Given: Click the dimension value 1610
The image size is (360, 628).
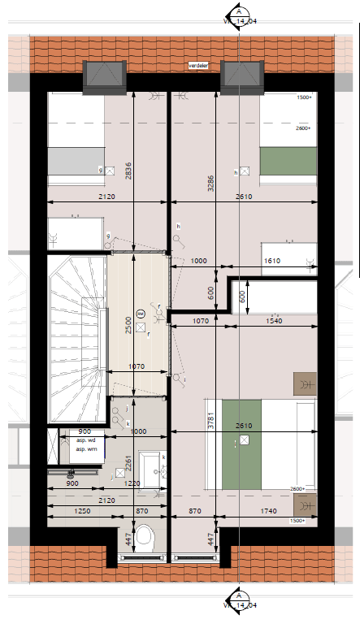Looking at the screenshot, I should (x=273, y=261).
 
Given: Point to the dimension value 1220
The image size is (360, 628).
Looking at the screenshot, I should (x=132, y=484).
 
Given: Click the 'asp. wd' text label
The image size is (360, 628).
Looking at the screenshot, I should (x=85, y=440).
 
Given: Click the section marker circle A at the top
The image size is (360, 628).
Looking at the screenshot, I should (x=240, y=11).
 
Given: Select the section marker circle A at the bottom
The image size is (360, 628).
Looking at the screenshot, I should (x=240, y=598).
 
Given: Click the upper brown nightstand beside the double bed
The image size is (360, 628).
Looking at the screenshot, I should (x=305, y=383).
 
